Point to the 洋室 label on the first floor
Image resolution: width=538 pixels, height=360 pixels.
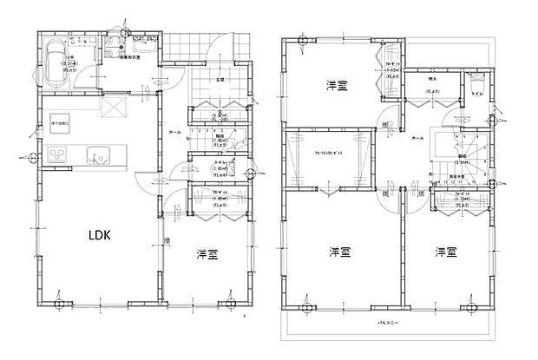pos(207,254)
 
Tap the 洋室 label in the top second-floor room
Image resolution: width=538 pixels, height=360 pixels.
pos(338,85)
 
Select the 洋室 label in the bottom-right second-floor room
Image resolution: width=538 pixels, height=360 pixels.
pos(446,252)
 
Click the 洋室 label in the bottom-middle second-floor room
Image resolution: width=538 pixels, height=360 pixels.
pos(339,252)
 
